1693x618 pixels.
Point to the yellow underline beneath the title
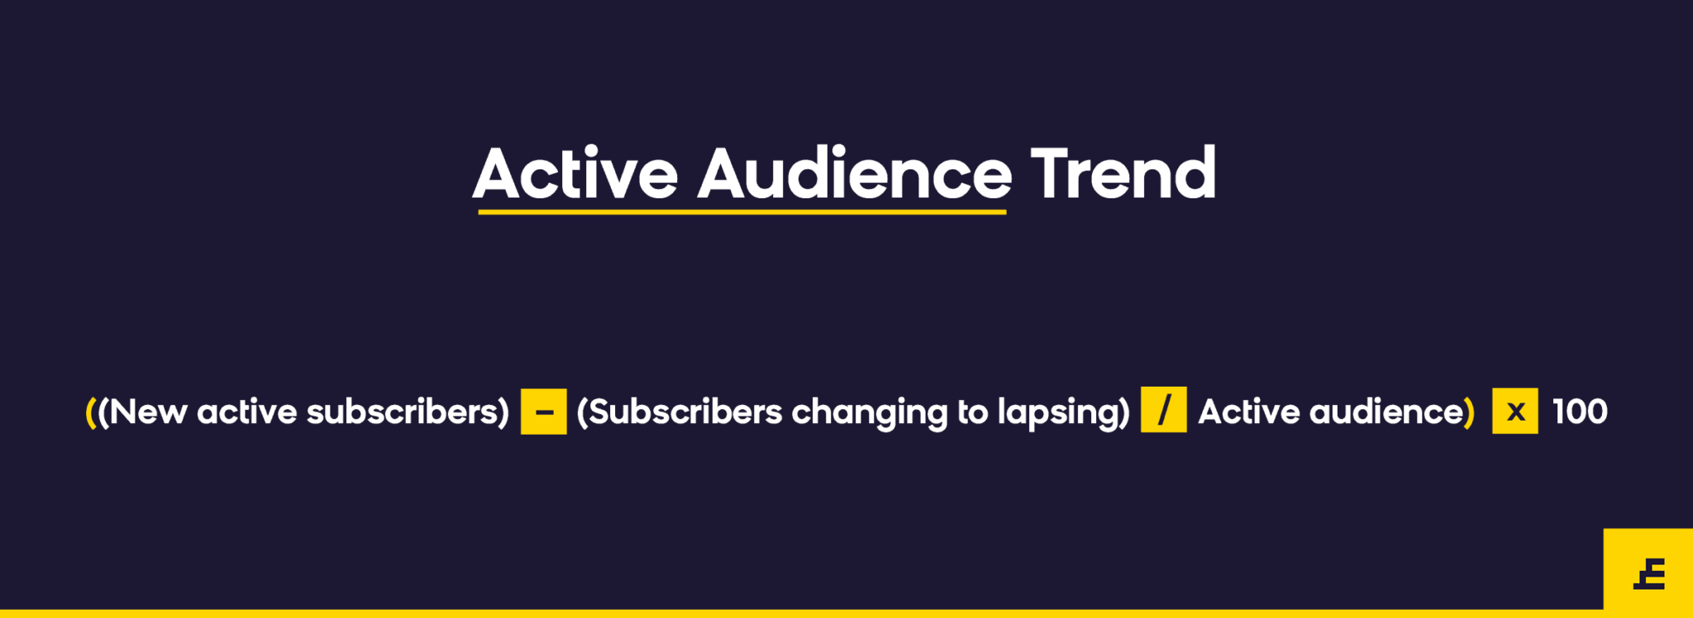point(742,212)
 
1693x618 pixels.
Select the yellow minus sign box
point(544,411)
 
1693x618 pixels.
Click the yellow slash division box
point(1164,410)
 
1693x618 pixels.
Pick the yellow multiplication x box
point(1515,411)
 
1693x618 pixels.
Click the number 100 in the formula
point(1580,411)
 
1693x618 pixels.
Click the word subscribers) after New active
point(408,411)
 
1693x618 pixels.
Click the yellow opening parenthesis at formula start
point(91,412)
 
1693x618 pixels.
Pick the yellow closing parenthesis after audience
point(1470,412)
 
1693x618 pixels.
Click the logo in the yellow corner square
point(1650,573)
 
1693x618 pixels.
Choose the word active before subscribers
point(247,411)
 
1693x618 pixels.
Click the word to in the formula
point(972,412)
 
